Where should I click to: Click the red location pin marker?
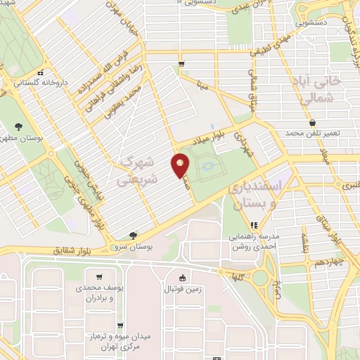181,167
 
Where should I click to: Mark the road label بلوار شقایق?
75,250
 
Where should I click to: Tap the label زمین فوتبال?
182,289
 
